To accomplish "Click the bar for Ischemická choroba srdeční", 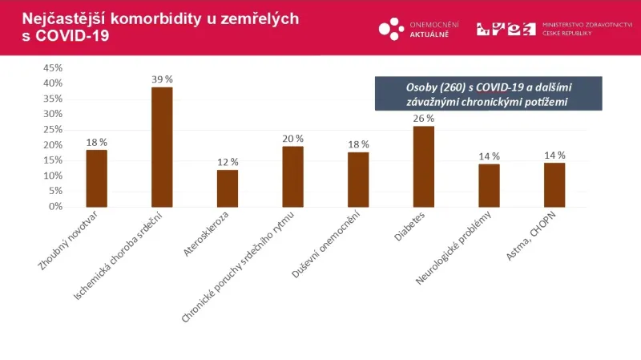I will (162, 147).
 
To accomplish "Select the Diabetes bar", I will (423, 167).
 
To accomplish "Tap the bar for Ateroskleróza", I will (228, 188).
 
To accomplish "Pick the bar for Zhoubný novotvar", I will (97, 178).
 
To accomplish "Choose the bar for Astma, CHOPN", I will (554, 184).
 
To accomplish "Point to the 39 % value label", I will (163, 79).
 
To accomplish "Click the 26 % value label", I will (424, 119).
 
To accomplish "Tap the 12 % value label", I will (228, 162).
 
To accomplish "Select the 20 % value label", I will (293, 139).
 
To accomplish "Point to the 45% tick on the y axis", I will (52, 67).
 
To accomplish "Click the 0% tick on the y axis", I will (54, 206).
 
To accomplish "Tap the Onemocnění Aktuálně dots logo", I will (391, 28).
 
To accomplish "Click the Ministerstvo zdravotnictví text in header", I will (587, 25).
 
